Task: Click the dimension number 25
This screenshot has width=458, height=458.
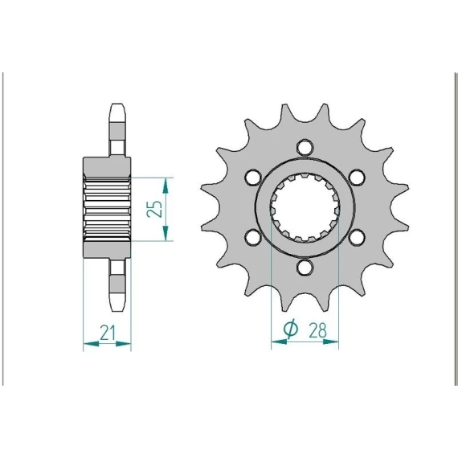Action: pyautogui.click(x=154, y=209)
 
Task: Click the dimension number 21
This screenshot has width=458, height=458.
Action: pyautogui.click(x=108, y=333)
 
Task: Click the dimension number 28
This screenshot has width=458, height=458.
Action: pyautogui.click(x=317, y=330)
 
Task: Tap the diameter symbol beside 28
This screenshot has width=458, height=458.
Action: pyautogui.click(x=291, y=329)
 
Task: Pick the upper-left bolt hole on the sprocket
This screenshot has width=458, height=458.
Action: pyautogui.click(x=253, y=178)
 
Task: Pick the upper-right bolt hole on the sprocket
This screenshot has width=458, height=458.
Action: pyautogui.click(x=358, y=178)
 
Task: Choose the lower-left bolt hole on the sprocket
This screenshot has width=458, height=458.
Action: pyautogui.click(x=253, y=238)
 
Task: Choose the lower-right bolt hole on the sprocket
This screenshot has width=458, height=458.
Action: pyautogui.click(x=358, y=238)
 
